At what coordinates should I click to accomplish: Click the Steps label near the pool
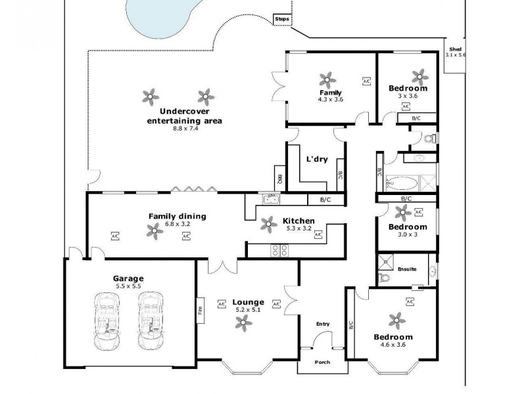point(282,20)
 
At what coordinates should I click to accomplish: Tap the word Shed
point(455,49)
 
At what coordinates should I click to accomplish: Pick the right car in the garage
point(151,320)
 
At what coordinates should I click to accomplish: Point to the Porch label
point(322,362)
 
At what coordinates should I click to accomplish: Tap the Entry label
point(322,324)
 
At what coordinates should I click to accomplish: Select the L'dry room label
point(317,159)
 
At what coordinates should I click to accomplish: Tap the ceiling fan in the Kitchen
point(268,224)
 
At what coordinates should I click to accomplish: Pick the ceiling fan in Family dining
point(155,229)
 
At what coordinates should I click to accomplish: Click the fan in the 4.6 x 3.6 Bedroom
point(395,320)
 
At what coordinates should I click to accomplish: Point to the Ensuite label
point(407,269)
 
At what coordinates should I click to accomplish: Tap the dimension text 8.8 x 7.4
point(185,129)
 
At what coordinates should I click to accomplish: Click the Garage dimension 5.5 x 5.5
point(128,287)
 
